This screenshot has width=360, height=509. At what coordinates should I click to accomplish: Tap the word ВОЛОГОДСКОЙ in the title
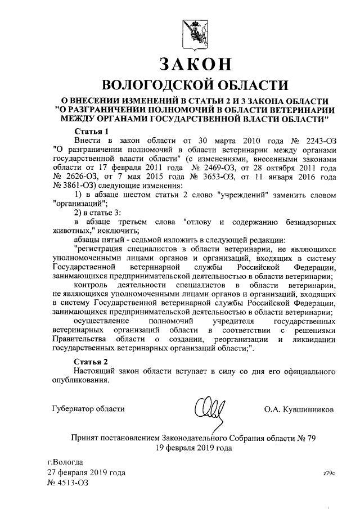click(x=150, y=85)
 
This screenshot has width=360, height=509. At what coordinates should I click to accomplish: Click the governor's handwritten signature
click(x=209, y=407)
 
